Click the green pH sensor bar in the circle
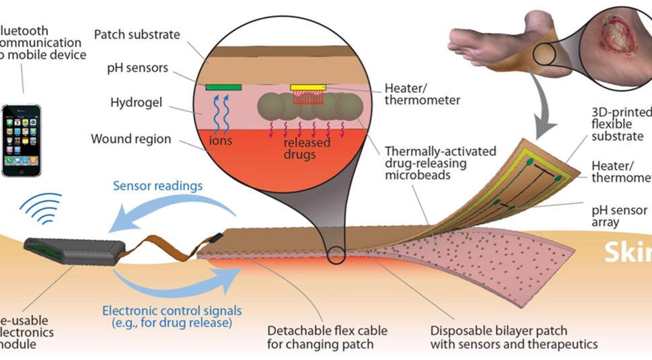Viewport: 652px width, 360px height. pos(223,87)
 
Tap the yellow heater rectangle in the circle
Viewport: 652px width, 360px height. pos(308,87)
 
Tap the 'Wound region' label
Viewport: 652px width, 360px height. pos(131,139)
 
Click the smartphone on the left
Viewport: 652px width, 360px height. pos(21,140)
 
